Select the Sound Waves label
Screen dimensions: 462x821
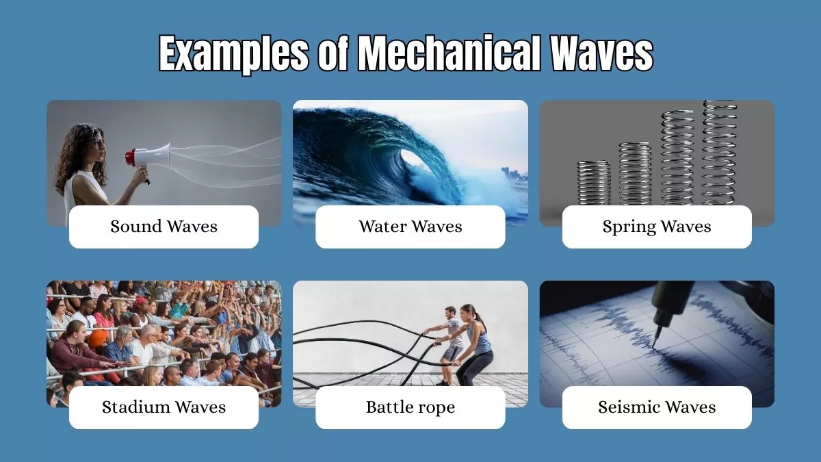[x=164, y=227]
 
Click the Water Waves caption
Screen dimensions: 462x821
[x=410, y=227]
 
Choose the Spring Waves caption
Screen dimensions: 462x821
[x=657, y=227]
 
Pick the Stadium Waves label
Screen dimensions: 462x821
[x=164, y=407]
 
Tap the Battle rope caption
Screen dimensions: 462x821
[x=410, y=407]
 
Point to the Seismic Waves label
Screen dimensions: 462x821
[x=657, y=407]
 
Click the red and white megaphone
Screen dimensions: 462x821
[x=147, y=157]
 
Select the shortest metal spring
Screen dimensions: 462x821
[x=593, y=183]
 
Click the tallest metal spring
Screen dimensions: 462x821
[x=719, y=152]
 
